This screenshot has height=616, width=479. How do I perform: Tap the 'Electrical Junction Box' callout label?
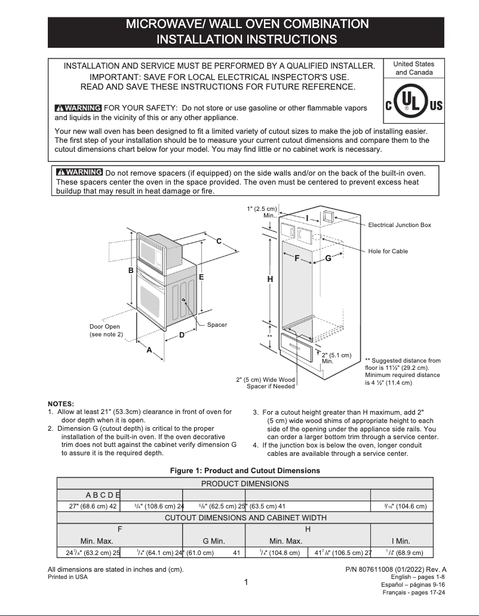[399, 225]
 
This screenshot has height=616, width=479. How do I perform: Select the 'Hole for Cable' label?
[388, 252]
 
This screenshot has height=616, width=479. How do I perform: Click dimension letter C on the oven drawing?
[219, 241]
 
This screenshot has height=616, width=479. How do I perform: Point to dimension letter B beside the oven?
[131, 271]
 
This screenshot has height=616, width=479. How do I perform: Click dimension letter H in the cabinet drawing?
[270, 279]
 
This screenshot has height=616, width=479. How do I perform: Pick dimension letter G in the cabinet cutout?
[328, 258]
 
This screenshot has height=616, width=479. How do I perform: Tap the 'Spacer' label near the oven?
[217, 325]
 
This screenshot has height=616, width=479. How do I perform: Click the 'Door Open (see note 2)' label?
[105, 330]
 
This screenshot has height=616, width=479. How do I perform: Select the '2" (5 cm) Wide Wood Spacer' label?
[265, 383]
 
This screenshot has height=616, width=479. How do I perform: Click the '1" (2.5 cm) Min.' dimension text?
[261, 212]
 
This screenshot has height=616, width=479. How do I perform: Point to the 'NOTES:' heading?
[61, 404]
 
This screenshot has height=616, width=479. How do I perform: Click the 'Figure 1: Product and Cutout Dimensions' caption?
[245, 471]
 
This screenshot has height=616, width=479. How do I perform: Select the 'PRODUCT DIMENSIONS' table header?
[245, 483]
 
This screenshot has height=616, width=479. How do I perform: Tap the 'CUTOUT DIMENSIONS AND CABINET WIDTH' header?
[245, 517]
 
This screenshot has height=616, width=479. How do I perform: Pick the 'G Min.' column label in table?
[214, 541]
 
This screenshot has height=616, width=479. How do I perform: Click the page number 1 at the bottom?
[246, 583]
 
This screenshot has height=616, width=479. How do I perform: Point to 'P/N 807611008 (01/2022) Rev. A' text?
[395, 569]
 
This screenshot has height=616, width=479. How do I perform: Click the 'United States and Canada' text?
[414, 68]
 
